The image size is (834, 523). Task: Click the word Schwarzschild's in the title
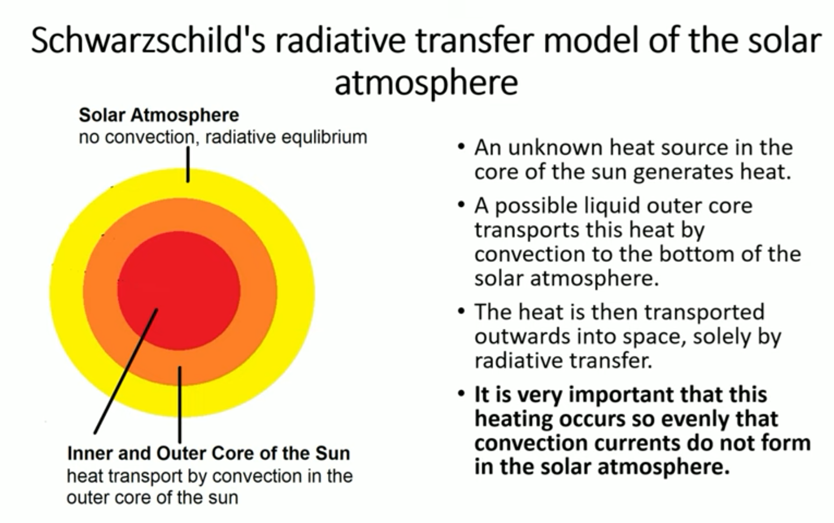148,41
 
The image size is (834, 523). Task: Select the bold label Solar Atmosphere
159,115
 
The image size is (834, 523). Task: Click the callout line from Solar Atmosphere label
188,164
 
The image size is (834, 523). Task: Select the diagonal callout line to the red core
126,371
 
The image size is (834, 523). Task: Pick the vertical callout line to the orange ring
180,404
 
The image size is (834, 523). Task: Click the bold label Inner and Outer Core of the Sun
209,453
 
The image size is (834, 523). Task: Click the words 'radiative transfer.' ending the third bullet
563,361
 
